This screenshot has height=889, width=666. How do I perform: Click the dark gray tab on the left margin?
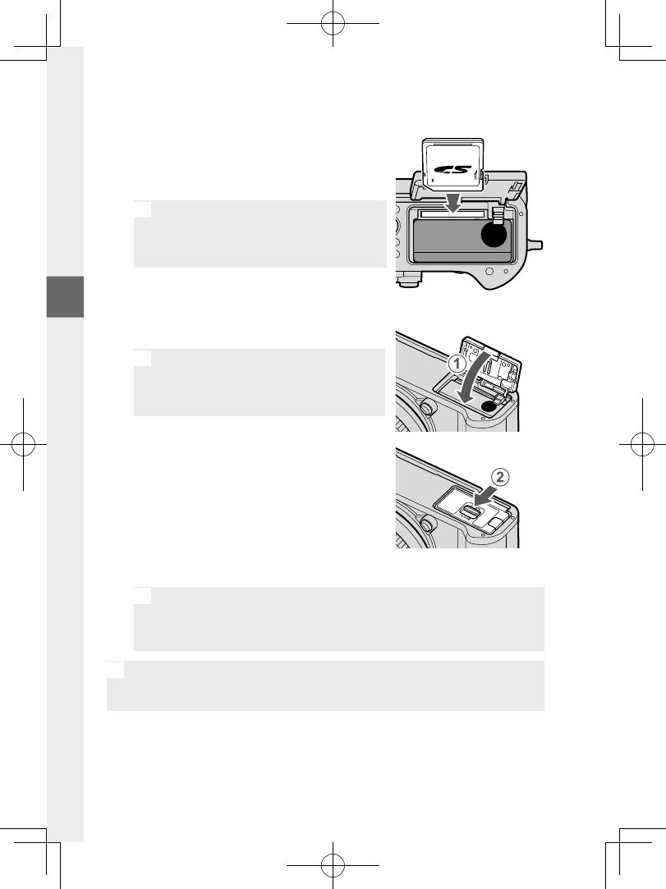[x=66, y=296]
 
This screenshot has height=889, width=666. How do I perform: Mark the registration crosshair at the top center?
[x=333, y=24]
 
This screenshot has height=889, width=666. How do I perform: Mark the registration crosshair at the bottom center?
[x=333, y=865]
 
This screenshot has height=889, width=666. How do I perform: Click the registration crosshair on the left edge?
[x=24, y=444]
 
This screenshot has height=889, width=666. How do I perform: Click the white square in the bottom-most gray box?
[x=115, y=669]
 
